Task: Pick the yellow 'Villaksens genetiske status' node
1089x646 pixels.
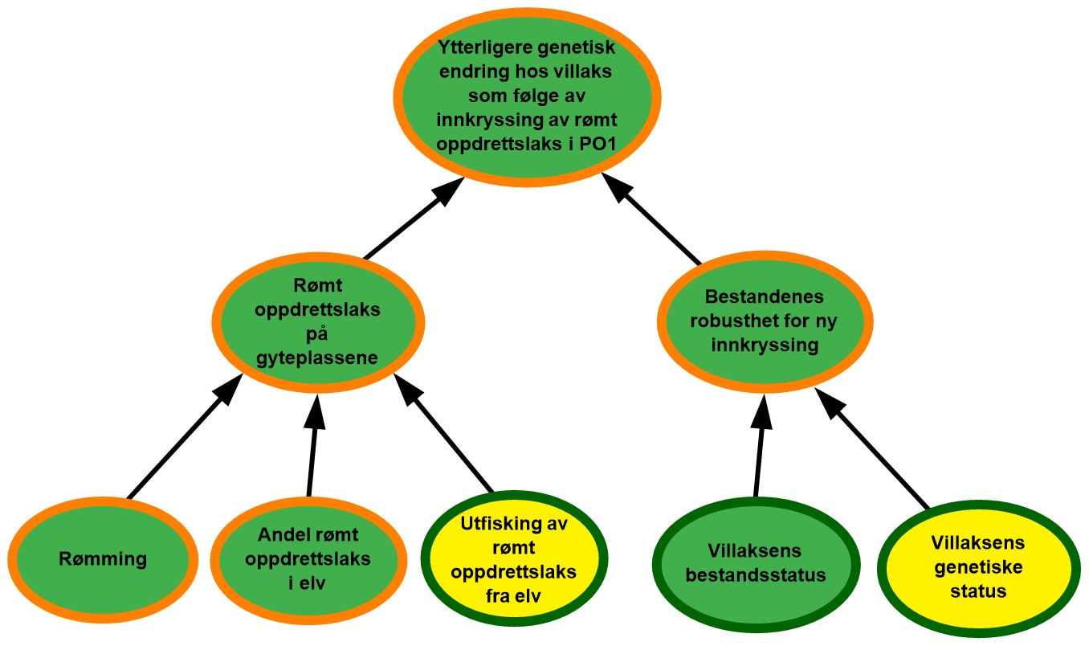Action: pos(977,566)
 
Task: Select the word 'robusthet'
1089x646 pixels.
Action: pos(724,321)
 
